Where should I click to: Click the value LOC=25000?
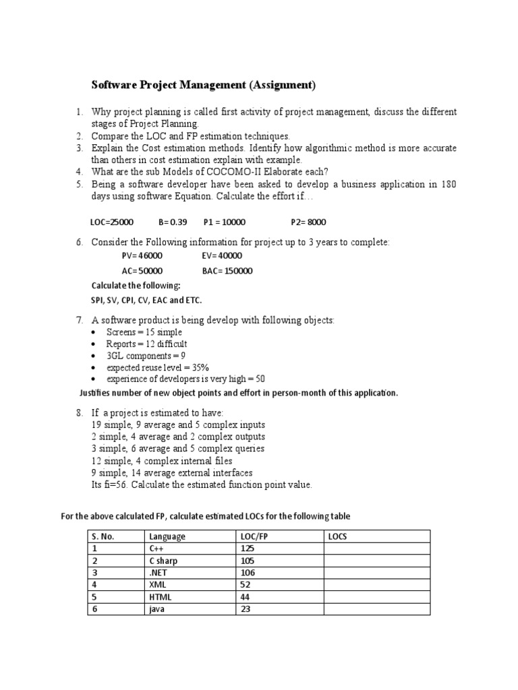point(112,222)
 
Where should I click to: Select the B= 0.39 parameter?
point(173,222)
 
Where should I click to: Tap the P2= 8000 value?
point(308,222)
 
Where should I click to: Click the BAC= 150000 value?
point(227,271)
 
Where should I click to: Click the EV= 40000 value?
point(222,256)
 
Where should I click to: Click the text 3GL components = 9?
point(146,355)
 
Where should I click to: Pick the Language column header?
point(167,536)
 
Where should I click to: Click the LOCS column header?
point(337,536)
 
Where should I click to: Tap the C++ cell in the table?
point(156,548)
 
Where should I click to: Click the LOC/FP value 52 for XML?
point(246,585)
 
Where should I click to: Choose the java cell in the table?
point(157,609)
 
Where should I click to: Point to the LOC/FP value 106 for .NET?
point(248,573)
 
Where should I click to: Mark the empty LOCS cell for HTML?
point(376,597)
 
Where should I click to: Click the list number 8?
point(79,412)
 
